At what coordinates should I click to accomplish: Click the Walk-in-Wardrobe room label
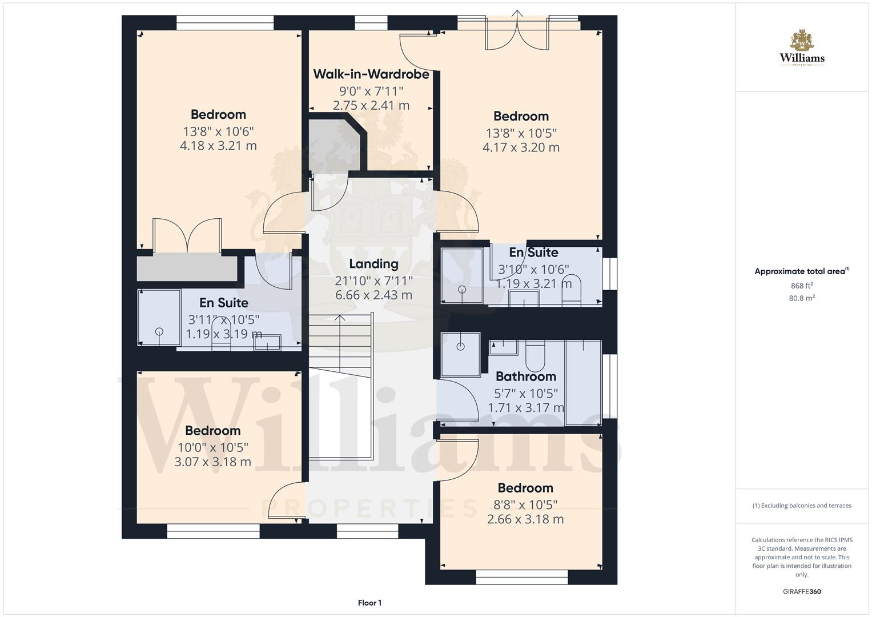[371, 74]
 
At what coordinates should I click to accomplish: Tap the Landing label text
[373, 264]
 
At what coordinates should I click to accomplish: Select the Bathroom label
[525, 376]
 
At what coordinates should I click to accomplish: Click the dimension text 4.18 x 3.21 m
[218, 146]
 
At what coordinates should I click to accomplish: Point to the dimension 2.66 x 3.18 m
[525, 519]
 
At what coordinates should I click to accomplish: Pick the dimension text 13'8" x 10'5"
[521, 133]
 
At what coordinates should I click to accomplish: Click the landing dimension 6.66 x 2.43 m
[373, 295]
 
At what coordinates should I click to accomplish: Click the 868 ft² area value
[802, 286]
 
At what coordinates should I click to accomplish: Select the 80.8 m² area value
[802, 298]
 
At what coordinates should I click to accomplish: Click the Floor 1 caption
[369, 603]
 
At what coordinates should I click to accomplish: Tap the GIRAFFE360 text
[802, 592]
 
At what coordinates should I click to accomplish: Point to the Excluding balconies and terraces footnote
[802, 506]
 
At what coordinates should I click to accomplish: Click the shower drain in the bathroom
[461, 346]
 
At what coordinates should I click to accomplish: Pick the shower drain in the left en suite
[159, 331]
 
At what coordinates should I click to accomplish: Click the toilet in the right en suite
[572, 289]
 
